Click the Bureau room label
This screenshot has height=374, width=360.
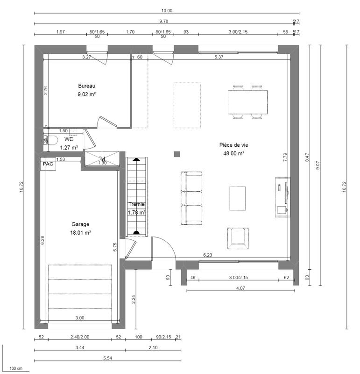pos(87,86)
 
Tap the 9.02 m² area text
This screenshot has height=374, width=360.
pos(87,94)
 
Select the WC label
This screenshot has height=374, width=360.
pos(69,139)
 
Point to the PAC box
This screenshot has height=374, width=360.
pos(48,164)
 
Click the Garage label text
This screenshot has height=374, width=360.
pos(80,224)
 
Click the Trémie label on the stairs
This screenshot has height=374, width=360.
pos(136,204)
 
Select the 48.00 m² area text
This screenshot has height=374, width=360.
pos(235,153)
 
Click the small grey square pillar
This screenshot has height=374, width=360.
pos(177,154)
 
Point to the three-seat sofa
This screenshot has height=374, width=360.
pos(191,198)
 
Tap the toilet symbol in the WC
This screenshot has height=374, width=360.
pos(51,140)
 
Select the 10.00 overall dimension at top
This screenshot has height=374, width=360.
pos(167,10)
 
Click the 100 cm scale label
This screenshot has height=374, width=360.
pos(16,369)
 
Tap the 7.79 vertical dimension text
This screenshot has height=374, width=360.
pos(285,158)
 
